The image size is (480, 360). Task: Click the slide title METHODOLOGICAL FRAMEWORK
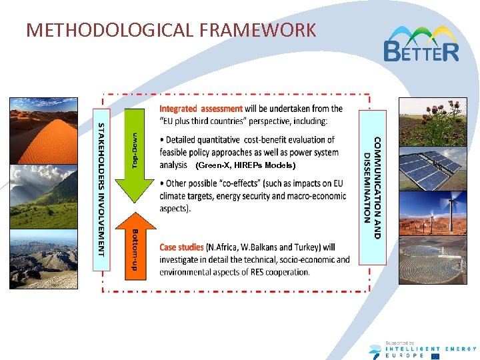(x=171, y=30)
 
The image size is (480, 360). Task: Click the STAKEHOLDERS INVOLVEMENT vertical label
(x=101, y=189)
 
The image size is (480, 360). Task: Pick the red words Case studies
(x=181, y=247)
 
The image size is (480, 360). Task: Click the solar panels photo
(x=432, y=167)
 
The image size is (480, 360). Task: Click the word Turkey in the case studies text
(x=304, y=247)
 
